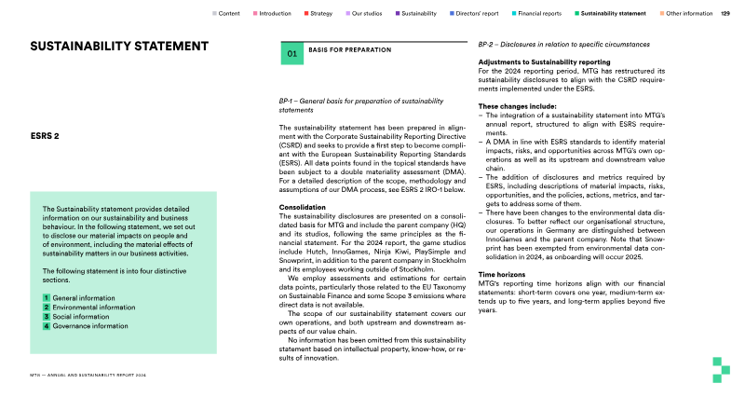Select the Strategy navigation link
pyautogui.click(x=320, y=14)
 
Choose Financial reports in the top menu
pyautogui.click(x=539, y=14)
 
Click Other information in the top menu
pyautogui.click(x=689, y=14)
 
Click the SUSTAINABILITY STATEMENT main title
pyautogui.click(x=119, y=47)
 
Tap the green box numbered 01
pyautogui.click(x=292, y=54)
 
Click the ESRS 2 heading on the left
pyautogui.click(x=45, y=136)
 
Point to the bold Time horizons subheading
pyautogui.click(x=502, y=275)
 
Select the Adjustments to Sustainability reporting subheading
pyautogui.click(x=544, y=62)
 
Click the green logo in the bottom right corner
pyautogui.click(x=719, y=368)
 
